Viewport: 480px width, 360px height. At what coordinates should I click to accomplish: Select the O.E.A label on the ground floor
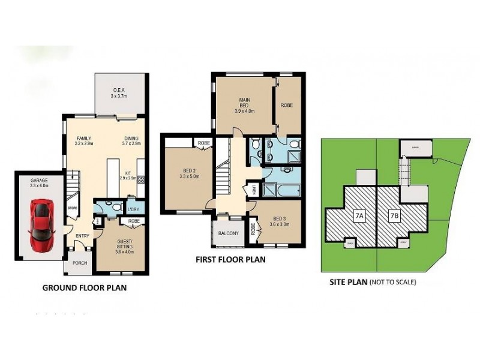pyautogui.click(x=118, y=91)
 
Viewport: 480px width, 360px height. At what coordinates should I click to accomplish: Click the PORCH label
pyautogui.click(x=79, y=262)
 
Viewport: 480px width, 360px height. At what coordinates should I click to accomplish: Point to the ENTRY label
pyautogui.click(x=82, y=236)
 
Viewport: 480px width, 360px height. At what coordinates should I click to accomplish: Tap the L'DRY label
pyautogui.click(x=134, y=209)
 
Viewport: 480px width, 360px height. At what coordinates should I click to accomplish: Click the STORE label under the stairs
pyautogui.click(x=73, y=208)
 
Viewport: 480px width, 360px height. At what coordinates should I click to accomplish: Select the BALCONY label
pyautogui.click(x=228, y=233)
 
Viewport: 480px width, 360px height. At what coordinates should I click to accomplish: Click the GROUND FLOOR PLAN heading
pyautogui.click(x=84, y=287)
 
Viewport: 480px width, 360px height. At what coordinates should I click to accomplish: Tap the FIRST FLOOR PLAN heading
pyautogui.click(x=230, y=260)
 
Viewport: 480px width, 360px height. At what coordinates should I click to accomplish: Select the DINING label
pyautogui.click(x=131, y=137)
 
